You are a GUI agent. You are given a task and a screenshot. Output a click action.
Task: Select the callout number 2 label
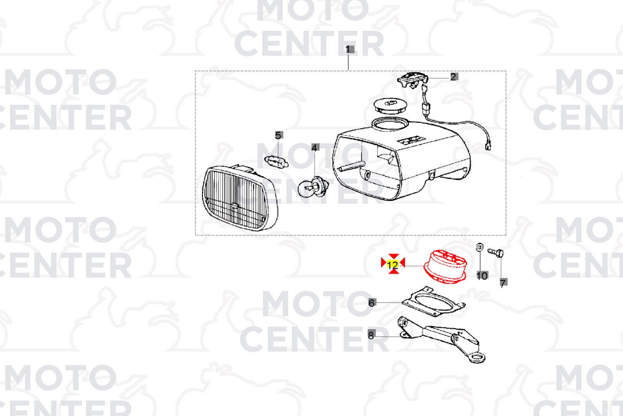(x=453, y=77)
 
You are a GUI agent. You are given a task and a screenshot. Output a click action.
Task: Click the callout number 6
(x=371, y=303)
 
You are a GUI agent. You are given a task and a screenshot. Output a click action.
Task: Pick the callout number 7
(x=503, y=283)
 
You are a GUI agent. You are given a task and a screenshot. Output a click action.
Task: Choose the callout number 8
(x=371, y=335)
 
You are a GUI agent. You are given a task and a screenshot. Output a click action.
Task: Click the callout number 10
(x=482, y=275)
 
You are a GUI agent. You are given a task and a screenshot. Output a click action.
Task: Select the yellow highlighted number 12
(x=393, y=264)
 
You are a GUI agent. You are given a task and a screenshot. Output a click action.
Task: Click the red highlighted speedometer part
(x=445, y=267)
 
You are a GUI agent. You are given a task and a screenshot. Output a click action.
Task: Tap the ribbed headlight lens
(x=240, y=198)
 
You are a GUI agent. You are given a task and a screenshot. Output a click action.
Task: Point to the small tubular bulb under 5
(x=276, y=162)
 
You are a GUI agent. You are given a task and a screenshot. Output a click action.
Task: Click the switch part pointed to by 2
(x=413, y=80)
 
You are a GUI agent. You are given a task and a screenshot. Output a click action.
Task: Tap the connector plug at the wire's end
(x=488, y=146)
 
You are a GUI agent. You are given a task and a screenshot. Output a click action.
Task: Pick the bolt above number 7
(x=495, y=253)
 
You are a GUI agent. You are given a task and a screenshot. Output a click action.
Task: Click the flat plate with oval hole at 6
(x=433, y=302)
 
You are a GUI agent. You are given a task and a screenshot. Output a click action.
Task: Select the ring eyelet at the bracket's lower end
(x=477, y=358)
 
